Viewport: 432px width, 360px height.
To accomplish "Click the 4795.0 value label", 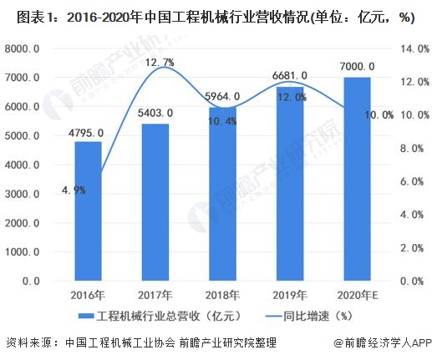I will click(x=88, y=133).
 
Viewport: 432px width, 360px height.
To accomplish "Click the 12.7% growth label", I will click(x=158, y=62).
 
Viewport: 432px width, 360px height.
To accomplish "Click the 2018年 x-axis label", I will click(x=223, y=296).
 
